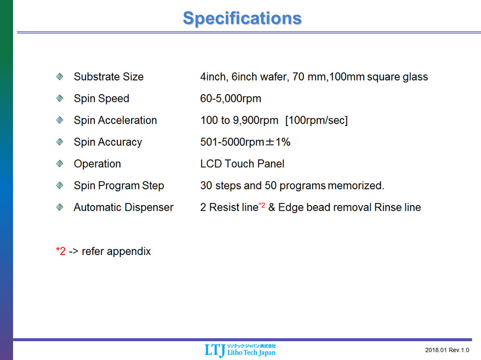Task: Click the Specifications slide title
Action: click(x=242, y=19)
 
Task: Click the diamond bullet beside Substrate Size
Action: click(x=60, y=77)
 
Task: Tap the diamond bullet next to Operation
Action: click(x=60, y=163)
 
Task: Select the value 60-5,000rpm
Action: click(x=231, y=99)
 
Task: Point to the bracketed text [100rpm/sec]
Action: click(x=316, y=120)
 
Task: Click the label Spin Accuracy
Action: click(x=108, y=142)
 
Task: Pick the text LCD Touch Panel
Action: click(x=242, y=164)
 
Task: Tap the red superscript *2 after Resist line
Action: click(x=262, y=205)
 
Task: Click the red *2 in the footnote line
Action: click(x=61, y=251)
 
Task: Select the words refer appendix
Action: click(x=116, y=252)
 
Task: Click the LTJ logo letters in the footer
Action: click(x=215, y=350)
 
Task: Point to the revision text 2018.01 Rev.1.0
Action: click(x=447, y=350)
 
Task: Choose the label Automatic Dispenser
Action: click(x=124, y=207)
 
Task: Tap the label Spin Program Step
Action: click(x=119, y=186)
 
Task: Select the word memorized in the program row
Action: click(x=356, y=185)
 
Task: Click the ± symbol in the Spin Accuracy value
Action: click(x=269, y=142)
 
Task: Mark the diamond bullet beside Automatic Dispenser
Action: click(x=60, y=207)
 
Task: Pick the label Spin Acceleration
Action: click(x=115, y=120)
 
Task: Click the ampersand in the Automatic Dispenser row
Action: click(x=271, y=207)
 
